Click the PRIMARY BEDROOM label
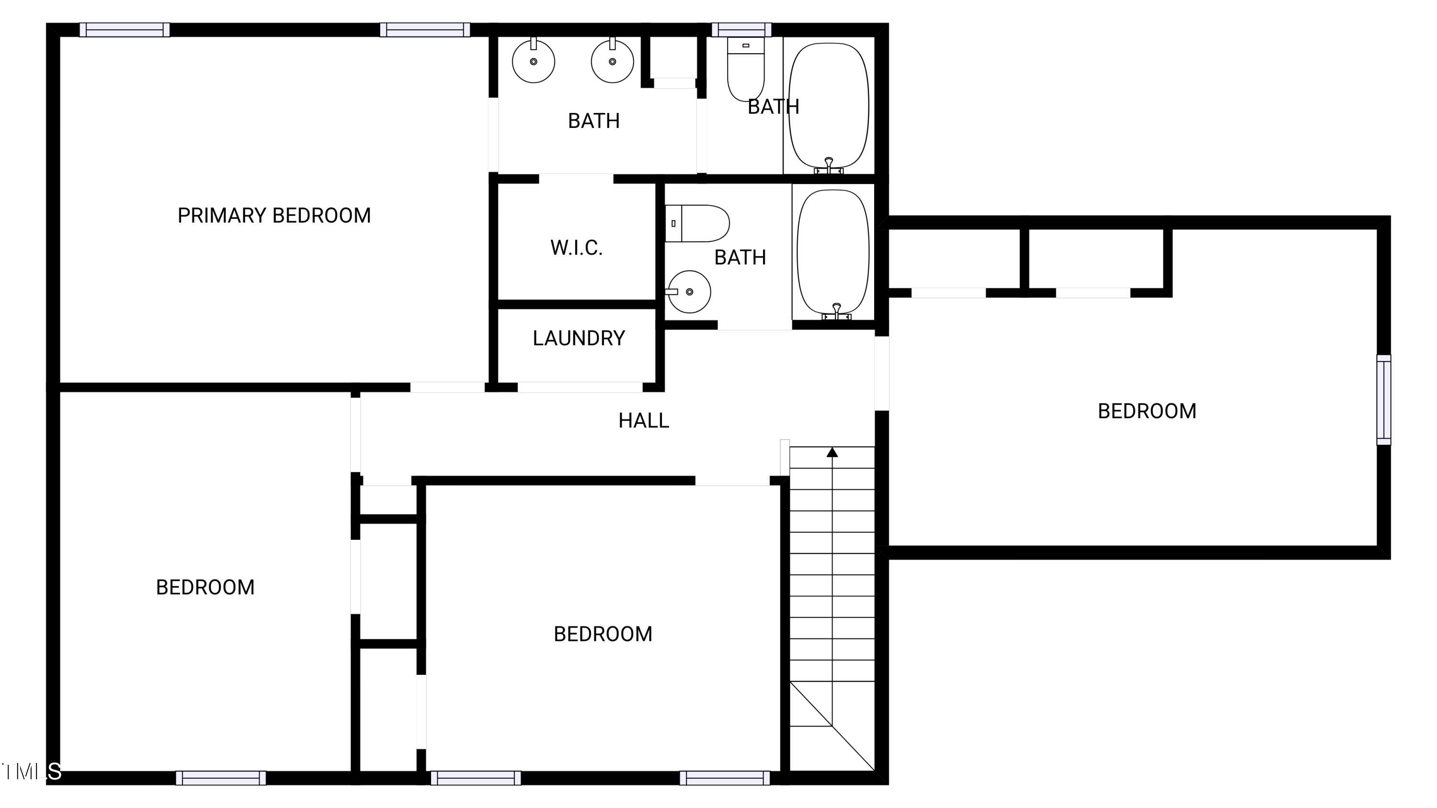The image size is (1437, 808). pos(274,215)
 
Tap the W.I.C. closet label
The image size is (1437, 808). pos(576,248)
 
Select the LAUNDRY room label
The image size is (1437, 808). pos(579,338)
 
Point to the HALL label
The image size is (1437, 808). pos(643,421)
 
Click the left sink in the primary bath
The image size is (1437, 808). pos(533,61)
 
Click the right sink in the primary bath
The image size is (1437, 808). pos(612,61)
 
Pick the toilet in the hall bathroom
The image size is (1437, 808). pos(697,223)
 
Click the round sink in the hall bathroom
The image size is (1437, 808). pos(689,292)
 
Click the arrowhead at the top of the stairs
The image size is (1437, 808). pos(832,452)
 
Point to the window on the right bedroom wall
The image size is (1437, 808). pos(1383,400)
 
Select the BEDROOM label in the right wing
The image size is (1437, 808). pos(1146,411)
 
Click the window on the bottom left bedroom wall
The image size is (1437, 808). pos(221,777)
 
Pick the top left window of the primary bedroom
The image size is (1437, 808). pos(125,30)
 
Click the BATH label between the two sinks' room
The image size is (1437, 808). pos(593,120)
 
